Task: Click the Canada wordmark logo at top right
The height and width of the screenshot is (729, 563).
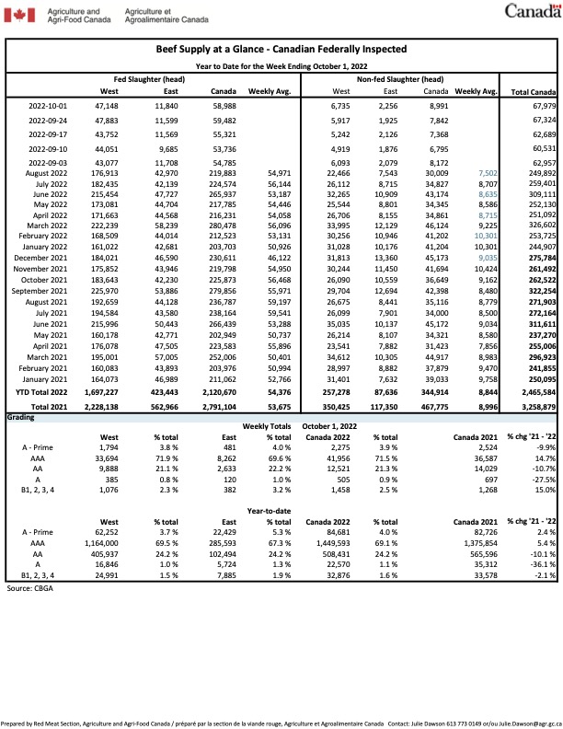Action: [530, 11]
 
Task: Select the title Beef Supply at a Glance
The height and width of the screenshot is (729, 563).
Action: [281, 49]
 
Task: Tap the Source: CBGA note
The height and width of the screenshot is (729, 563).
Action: [32, 561]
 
